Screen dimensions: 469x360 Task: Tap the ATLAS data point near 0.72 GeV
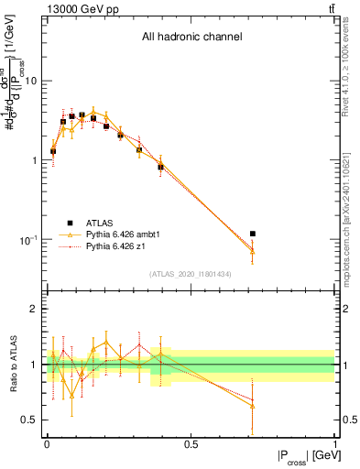(x=253, y=234)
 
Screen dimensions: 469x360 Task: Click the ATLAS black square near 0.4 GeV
(x=160, y=167)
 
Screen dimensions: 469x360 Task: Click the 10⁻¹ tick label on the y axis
(x=29, y=240)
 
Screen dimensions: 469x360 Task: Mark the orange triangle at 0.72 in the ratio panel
(x=253, y=405)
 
